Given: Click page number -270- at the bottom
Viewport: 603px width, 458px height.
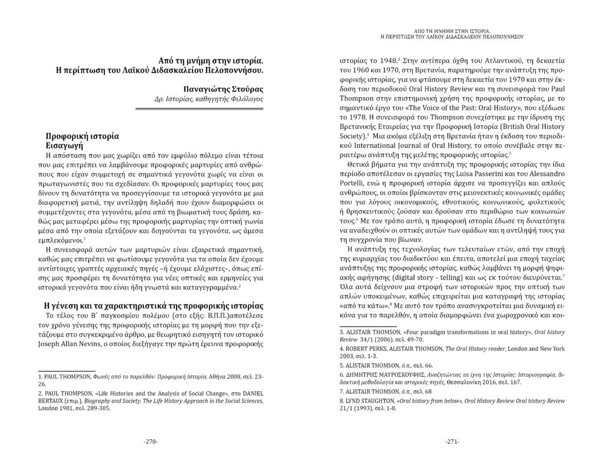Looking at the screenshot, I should (x=151, y=441).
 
